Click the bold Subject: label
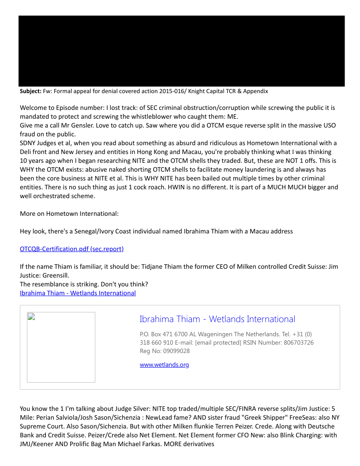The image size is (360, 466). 30,91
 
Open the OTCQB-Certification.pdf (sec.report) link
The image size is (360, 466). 71,249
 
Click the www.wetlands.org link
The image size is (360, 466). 164,365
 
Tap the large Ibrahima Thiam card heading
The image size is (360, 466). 217,319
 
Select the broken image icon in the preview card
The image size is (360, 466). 31,316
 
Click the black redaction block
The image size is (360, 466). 181,51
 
